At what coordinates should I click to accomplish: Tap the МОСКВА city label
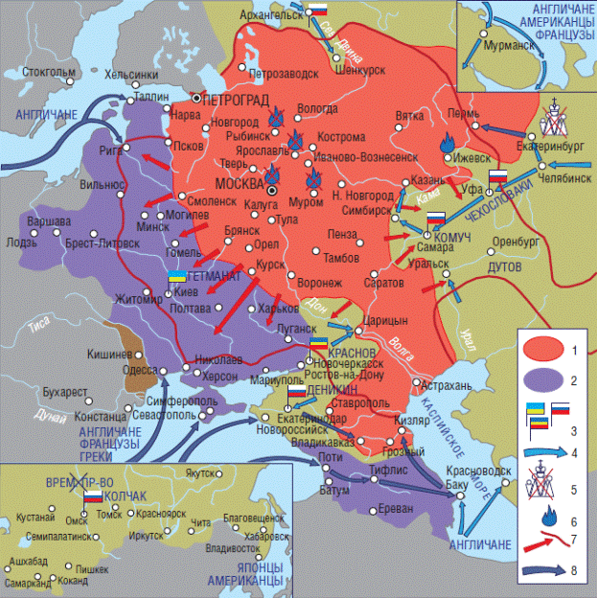[x=241, y=182]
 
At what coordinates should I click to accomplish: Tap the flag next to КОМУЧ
[x=435, y=218]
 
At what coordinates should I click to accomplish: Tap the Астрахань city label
[x=447, y=384]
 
